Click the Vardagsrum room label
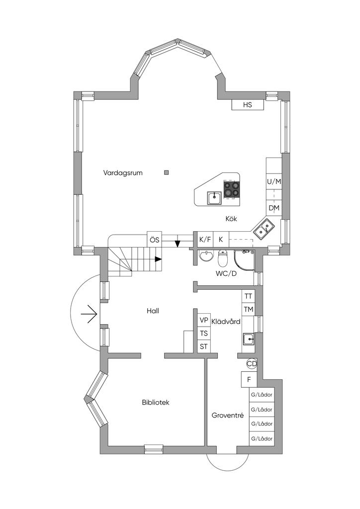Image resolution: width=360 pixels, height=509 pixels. pyautogui.click(x=123, y=173)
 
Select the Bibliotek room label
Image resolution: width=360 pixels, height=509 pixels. pyautogui.click(x=155, y=402)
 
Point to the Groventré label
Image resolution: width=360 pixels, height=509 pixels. pyautogui.click(x=227, y=415)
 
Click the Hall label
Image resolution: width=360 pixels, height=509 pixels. pyautogui.click(x=153, y=311)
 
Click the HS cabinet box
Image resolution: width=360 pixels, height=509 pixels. pyautogui.click(x=248, y=105)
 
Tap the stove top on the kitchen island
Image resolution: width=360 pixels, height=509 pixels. pyautogui.click(x=231, y=189)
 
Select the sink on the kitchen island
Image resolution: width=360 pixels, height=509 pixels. pyautogui.click(x=214, y=198)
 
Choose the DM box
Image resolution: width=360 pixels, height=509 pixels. pyautogui.click(x=274, y=208)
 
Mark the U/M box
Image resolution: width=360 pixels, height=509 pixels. pyautogui.click(x=274, y=181)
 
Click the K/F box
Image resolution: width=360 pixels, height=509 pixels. pyautogui.click(x=205, y=240)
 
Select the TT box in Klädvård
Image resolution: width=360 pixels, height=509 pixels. pyautogui.click(x=248, y=296)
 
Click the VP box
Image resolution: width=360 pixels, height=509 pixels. pyautogui.click(x=203, y=320)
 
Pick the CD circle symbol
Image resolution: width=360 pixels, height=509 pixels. pyautogui.click(x=252, y=364)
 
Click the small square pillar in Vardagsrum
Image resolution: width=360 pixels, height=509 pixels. pyautogui.click(x=167, y=172)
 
